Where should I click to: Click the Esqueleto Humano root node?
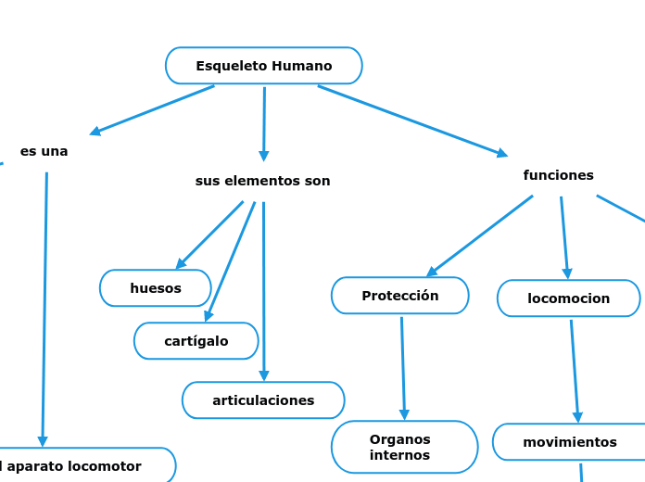264,66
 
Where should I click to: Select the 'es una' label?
44,151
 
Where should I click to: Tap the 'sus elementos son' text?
262,181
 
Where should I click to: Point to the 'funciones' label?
558,175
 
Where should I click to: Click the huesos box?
156,288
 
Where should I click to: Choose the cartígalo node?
196,341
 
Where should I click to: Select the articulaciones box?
263,400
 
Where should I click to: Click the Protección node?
400,296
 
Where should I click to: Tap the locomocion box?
568,298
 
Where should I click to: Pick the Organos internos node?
404,447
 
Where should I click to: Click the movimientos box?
569,442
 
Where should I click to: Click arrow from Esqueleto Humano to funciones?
412,120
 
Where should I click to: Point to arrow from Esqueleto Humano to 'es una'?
153,110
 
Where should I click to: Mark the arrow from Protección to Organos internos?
403,368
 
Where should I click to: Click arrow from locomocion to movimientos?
575,371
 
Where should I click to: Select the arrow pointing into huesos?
209,235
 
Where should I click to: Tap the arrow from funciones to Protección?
480,235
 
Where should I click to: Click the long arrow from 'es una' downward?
44,306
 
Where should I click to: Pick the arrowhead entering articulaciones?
264,375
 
